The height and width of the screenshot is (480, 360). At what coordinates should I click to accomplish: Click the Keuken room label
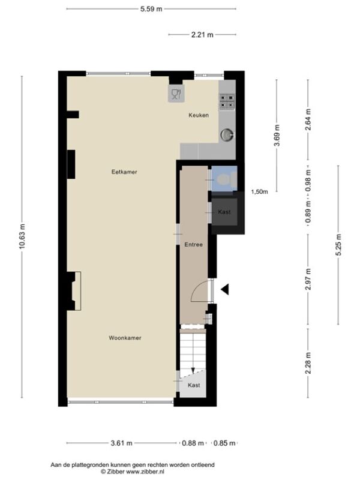point(199,115)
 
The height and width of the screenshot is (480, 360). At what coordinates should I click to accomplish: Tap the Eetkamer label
point(124,172)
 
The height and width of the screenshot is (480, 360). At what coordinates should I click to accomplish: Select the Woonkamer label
point(125,338)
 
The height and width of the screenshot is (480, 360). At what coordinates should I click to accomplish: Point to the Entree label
point(193,245)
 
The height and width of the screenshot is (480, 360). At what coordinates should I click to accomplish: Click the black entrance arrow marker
point(226,289)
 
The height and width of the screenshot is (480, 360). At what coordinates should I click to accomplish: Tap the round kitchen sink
point(227,134)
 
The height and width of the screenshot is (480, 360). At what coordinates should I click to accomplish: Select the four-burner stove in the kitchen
point(227,101)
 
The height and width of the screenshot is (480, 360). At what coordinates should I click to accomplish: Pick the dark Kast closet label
point(224,212)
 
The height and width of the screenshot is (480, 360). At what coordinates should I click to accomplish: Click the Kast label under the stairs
point(194,385)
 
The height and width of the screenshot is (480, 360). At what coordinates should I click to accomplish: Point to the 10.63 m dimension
point(22,236)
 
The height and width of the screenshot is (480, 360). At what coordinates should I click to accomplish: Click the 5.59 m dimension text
point(151,9)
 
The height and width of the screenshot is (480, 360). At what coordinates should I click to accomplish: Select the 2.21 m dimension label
point(202,35)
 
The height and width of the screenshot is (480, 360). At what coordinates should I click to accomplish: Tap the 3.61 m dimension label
point(122,443)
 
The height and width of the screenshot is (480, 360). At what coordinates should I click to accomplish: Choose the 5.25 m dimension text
point(338,245)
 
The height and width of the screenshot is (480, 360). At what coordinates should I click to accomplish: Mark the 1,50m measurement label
point(260,192)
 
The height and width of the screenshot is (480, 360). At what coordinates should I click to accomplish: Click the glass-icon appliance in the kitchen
point(176,94)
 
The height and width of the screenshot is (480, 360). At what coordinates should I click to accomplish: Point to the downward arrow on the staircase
point(193,370)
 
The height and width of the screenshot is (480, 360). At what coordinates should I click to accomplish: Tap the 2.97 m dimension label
point(308,279)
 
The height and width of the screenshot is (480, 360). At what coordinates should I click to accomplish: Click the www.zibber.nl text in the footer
point(145,472)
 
